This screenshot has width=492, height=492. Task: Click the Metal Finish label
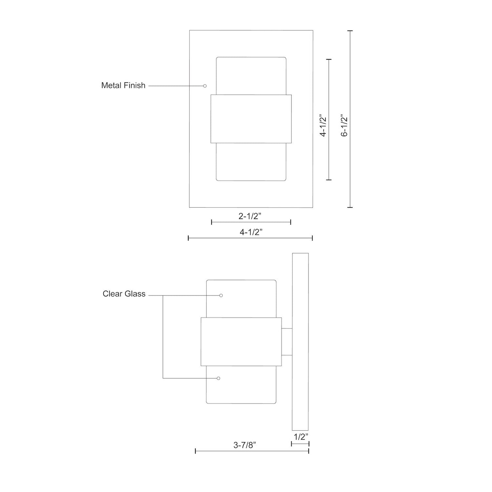click(x=123, y=85)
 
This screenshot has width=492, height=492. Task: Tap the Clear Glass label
click(x=124, y=294)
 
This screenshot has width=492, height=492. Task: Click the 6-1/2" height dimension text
click(x=345, y=126)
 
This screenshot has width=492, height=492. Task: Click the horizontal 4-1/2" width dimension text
click(x=251, y=232)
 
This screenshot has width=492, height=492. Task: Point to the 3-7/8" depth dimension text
click(x=244, y=445)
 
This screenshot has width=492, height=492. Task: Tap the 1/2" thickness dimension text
click(x=301, y=437)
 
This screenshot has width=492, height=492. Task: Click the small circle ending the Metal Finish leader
click(x=205, y=86)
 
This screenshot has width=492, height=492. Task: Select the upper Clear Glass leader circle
click(x=221, y=295)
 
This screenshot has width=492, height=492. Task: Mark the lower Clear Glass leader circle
click(x=219, y=378)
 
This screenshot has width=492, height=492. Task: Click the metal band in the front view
click(x=251, y=118)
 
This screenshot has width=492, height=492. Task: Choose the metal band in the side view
click(x=241, y=342)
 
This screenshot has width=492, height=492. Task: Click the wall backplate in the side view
click(x=300, y=342)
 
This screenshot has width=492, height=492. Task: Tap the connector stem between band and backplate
click(x=287, y=342)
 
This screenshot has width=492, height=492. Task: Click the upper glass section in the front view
click(x=251, y=76)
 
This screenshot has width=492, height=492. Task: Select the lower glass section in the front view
click(x=251, y=162)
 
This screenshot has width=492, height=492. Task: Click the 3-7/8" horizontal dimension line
click(x=252, y=451)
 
